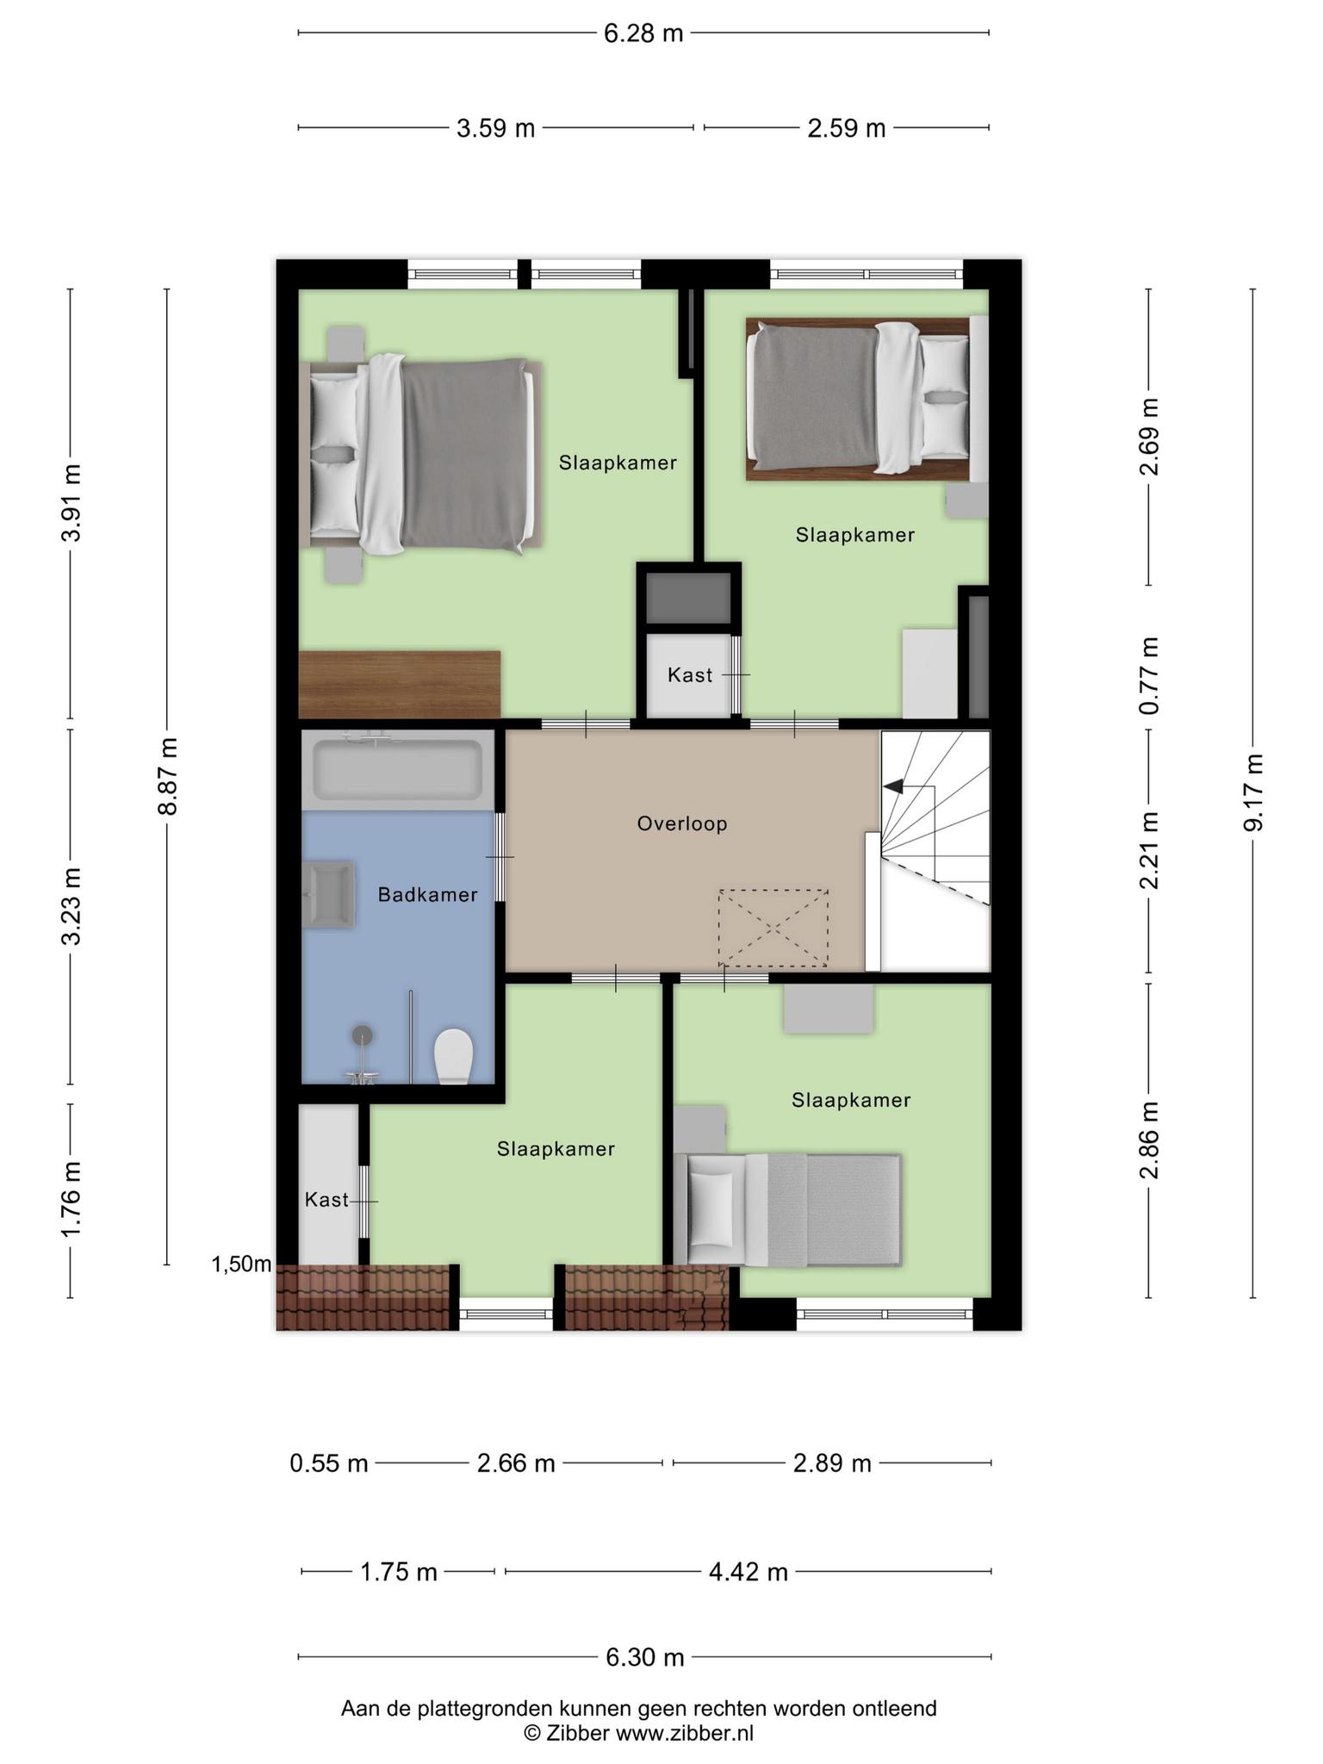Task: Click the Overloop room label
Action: [682, 823]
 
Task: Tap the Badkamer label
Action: [427, 895]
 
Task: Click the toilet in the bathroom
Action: [454, 1057]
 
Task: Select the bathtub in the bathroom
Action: [398, 769]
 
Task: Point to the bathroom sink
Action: [328, 895]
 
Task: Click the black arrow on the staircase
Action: [893, 786]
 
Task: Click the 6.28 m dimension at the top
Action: [643, 34]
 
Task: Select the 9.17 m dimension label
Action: [1253, 792]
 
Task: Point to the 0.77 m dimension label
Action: [1148, 675]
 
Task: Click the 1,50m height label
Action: [241, 1264]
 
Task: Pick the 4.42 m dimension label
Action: [748, 1573]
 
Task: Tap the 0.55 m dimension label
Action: [329, 1463]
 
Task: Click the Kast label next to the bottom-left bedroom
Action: [326, 1200]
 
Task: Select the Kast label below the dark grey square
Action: [690, 675]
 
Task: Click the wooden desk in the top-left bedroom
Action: [400, 685]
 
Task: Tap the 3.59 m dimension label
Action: [495, 129]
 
